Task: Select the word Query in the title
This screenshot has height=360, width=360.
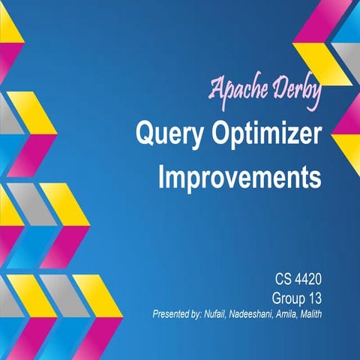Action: (x=163, y=135)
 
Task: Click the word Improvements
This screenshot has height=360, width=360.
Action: (x=239, y=178)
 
